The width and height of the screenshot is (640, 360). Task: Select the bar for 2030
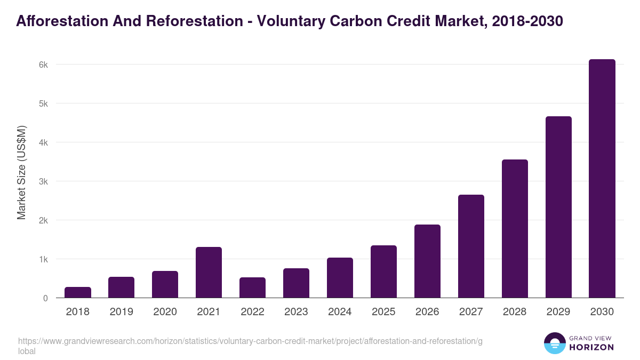tap(602, 179)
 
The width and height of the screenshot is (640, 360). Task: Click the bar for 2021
tap(209, 273)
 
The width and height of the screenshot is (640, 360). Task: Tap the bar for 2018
tap(78, 292)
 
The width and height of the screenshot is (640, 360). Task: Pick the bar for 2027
tap(471, 246)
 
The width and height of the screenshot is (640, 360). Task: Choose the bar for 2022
tap(252, 287)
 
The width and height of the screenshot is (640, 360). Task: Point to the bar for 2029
tap(558, 207)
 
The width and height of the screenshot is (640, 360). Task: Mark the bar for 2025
tap(383, 271)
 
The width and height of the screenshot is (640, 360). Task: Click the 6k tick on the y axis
tap(43, 65)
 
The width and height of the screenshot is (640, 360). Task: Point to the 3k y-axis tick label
tap(43, 181)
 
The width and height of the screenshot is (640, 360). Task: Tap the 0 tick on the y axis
tap(45, 298)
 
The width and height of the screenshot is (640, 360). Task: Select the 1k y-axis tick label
tap(43, 259)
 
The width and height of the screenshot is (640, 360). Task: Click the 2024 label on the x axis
tap(340, 312)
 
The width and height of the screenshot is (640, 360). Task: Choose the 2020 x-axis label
tap(165, 312)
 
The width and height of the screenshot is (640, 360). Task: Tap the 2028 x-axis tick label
tap(515, 312)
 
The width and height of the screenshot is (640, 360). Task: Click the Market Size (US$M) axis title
tap(21, 172)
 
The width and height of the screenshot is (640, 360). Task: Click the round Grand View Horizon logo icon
tap(554, 343)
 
